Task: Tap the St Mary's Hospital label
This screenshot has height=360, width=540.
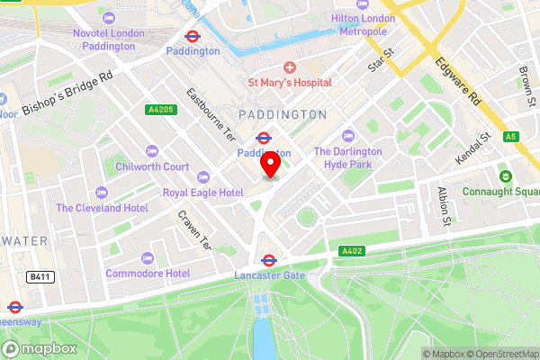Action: pos(290,82)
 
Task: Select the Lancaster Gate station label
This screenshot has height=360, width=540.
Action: pos(269,274)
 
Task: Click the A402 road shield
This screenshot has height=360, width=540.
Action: pos(352,251)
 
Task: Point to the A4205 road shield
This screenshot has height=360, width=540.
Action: pos(158,110)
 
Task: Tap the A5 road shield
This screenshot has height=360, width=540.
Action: pos(510,137)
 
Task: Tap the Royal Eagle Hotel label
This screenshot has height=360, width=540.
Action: pos(202,193)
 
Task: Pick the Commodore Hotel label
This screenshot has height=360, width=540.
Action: pos(147,273)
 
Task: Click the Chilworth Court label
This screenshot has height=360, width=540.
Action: pos(152,166)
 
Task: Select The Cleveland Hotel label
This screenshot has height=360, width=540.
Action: pos(102,208)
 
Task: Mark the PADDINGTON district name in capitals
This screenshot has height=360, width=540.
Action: pos(283,114)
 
